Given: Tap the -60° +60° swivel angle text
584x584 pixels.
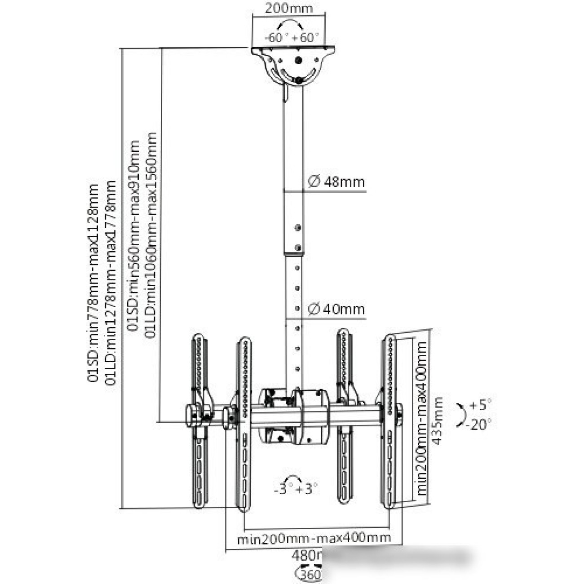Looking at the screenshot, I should coord(292,37).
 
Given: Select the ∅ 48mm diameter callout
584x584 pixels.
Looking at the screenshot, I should coord(336,182).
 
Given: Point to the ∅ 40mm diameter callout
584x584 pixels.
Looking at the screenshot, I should coord(336,309).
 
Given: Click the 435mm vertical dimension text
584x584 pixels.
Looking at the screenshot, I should coord(438,420).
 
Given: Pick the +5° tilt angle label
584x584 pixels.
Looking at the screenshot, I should coord(480,404).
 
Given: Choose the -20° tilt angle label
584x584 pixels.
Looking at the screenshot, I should coord(478,424).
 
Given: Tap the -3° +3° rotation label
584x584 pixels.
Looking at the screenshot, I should coord(296,488).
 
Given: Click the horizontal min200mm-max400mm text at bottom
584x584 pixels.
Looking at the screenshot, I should coord(314,538).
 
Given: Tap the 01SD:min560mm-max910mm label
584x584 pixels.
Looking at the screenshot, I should coord(134,236).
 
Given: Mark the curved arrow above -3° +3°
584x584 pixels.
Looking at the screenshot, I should coord(294,478).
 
